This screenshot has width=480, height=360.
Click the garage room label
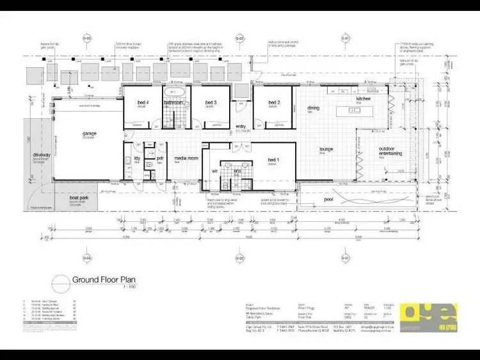[x=89, y=134]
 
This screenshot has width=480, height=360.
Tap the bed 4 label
[x=143, y=102]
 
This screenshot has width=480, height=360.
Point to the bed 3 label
[x=209, y=102]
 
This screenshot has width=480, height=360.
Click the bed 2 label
[x=273, y=102]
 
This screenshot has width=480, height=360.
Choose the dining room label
[x=313, y=108]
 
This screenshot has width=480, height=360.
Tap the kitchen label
[x=363, y=99]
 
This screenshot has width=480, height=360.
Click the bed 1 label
[x=272, y=159]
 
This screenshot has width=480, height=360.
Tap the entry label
[x=241, y=126]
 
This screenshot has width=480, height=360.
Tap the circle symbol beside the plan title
[x=60, y=281]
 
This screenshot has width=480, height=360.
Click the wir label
[x=215, y=171]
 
